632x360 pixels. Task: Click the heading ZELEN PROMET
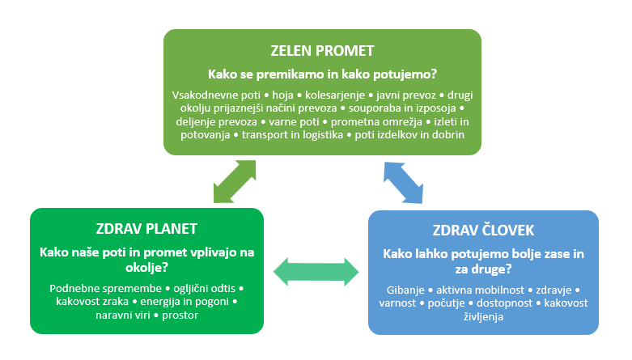coord(322,51)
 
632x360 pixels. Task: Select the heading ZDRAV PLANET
coord(146,229)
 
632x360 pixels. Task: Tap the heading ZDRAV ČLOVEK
coord(483,231)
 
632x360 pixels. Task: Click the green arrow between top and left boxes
coord(235,181)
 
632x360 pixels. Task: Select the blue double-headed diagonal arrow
coord(404,183)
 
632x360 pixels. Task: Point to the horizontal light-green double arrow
coord(316,272)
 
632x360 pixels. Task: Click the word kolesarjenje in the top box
coord(334,95)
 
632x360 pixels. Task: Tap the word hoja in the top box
coord(282,95)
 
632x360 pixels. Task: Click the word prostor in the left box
coord(180,316)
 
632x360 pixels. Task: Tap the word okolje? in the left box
coord(146,267)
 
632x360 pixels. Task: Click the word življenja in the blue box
coord(483,317)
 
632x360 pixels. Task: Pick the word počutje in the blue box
coord(446,303)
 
